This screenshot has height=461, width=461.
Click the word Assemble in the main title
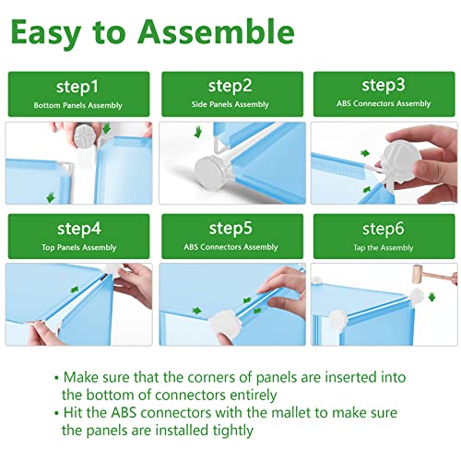pyautogui.click(x=216, y=32)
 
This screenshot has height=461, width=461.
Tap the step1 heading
pyautogui.click(x=77, y=87)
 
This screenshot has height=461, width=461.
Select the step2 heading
pyautogui.click(x=230, y=86)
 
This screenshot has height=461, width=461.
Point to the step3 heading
pyautogui.click(x=384, y=85)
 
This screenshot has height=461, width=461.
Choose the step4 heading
pyautogui.click(x=79, y=229)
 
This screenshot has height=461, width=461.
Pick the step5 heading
pyautogui.click(x=230, y=229)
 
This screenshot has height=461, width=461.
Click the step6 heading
pyautogui.click(x=383, y=229)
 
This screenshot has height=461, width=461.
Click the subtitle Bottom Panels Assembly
pyautogui.click(x=77, y=105)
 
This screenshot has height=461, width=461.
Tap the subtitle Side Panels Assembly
pyautogui.click(x=230, y=104)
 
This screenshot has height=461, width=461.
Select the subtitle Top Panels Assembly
pyautogui.click(x=79, y=247)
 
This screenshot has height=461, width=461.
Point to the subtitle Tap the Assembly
pyautogui.click(x=384, y=248)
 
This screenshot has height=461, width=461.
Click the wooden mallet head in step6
pyautogui.click(x=419, y=272)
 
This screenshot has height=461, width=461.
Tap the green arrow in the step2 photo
pyautogui.click(x=198, y=133)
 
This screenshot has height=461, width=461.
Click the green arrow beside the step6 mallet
pyautogui.click(x=431, y=297)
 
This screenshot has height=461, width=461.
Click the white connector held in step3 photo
pyautogui.click(x=399, y=161)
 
